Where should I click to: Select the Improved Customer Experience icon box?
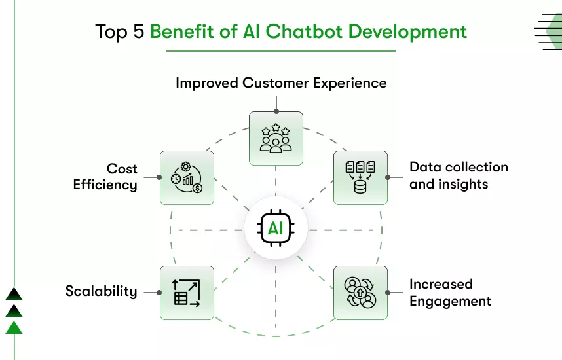pos(276,137)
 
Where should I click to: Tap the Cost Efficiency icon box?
pos(187,177)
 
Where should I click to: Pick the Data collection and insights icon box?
pos(360,177)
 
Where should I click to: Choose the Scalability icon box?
pos(187,293)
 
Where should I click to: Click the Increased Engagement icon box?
pos(360,293)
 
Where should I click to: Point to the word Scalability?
pos(101,291)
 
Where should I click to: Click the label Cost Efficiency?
pos(105,177)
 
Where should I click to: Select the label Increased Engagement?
pos(450,293)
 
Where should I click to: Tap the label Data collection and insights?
pos(459,175)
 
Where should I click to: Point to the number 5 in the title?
pos(138,31)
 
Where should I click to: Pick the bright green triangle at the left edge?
pos(14,327)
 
